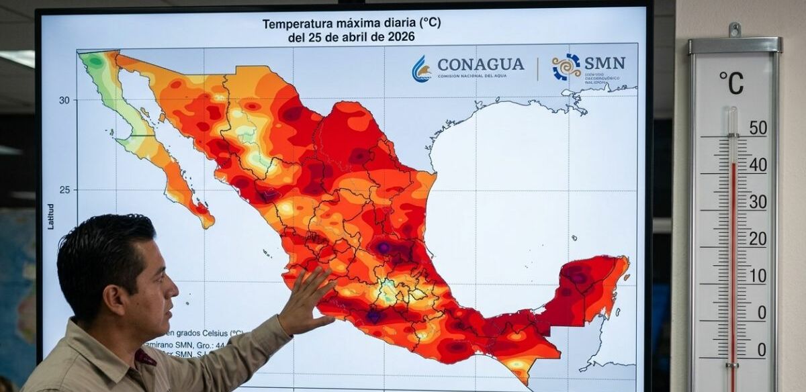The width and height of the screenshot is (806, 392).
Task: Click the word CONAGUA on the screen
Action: pyautogui.click(x=480, y=64)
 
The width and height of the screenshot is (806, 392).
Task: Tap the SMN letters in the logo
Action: pyautogui.click(x=604, y=63)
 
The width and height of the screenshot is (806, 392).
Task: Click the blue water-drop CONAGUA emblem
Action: pyautogui.click(x=421, y=68)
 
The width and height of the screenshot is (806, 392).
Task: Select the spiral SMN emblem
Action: pyautogui.click(x=566, y=66)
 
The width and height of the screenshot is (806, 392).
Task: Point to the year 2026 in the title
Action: pyautogui.click(x=401, y=38)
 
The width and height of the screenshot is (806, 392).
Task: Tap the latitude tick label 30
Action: pyautogui.click(x=64, y=100)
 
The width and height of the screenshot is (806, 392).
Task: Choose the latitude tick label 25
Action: pyautogui.click(x=64, y=190)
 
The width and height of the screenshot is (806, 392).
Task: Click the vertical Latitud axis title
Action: pyautogui.click(x=51, y=216)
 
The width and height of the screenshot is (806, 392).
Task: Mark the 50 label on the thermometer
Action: pyautogui.click(x=758, y=128)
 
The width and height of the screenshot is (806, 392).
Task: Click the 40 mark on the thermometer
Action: pyautogui.click(x=758, y=164)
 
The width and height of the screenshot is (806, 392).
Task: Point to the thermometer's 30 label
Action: pyautogui.click(x=758, y=201)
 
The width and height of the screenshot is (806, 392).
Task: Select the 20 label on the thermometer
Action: pyautogui.click(x=758, y=238)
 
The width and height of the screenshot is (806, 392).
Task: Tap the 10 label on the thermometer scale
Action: pyautogui.click(x=758, y=275)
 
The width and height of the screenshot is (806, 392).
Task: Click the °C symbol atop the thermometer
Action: pyautogui.click(x=731, y=83)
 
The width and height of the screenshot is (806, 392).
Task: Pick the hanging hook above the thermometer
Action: pyautogui.click(x=734, y=30)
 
